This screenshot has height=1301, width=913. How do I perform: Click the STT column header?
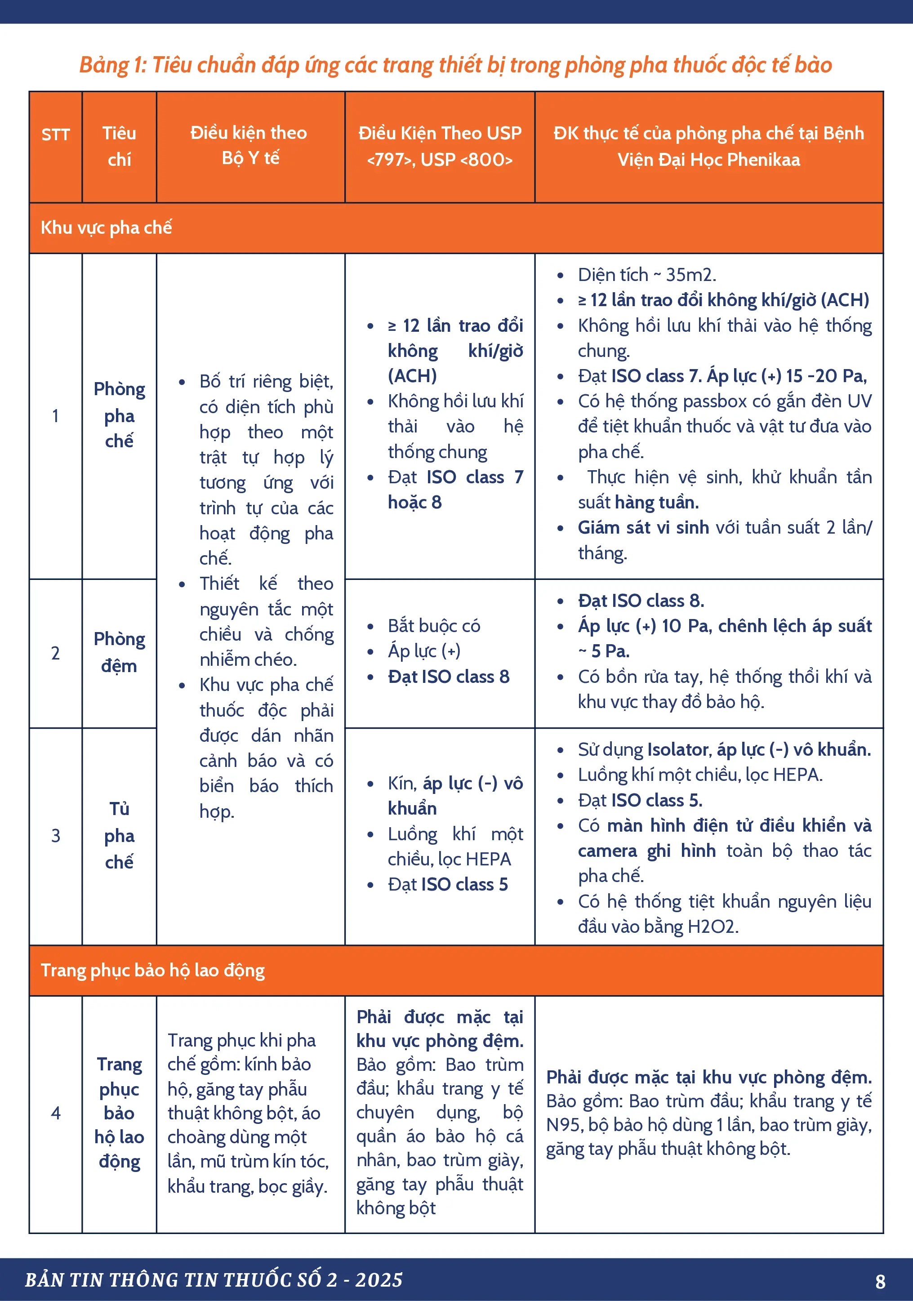(56, 135)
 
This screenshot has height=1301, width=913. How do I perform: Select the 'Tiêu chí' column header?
(119, 146)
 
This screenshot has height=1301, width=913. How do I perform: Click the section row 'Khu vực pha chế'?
(107, 228)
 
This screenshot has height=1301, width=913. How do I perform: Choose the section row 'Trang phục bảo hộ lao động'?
(152, 970)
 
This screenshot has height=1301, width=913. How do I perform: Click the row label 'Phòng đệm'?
(119, 652)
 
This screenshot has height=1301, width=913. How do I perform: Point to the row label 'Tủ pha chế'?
(119, 835)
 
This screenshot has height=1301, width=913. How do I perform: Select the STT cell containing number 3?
(56, 835)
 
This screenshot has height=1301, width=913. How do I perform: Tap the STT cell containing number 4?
(56, 1113)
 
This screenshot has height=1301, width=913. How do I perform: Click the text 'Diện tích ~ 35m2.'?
(646, 275)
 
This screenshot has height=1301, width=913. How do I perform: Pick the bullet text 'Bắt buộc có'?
(434, 626)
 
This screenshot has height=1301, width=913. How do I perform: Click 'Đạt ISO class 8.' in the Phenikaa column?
(641, 601)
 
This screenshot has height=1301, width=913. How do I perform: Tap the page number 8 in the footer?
(880, 1281)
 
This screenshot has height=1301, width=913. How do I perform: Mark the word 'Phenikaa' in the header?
(763, 160)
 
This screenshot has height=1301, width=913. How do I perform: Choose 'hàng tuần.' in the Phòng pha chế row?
(656, 502)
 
